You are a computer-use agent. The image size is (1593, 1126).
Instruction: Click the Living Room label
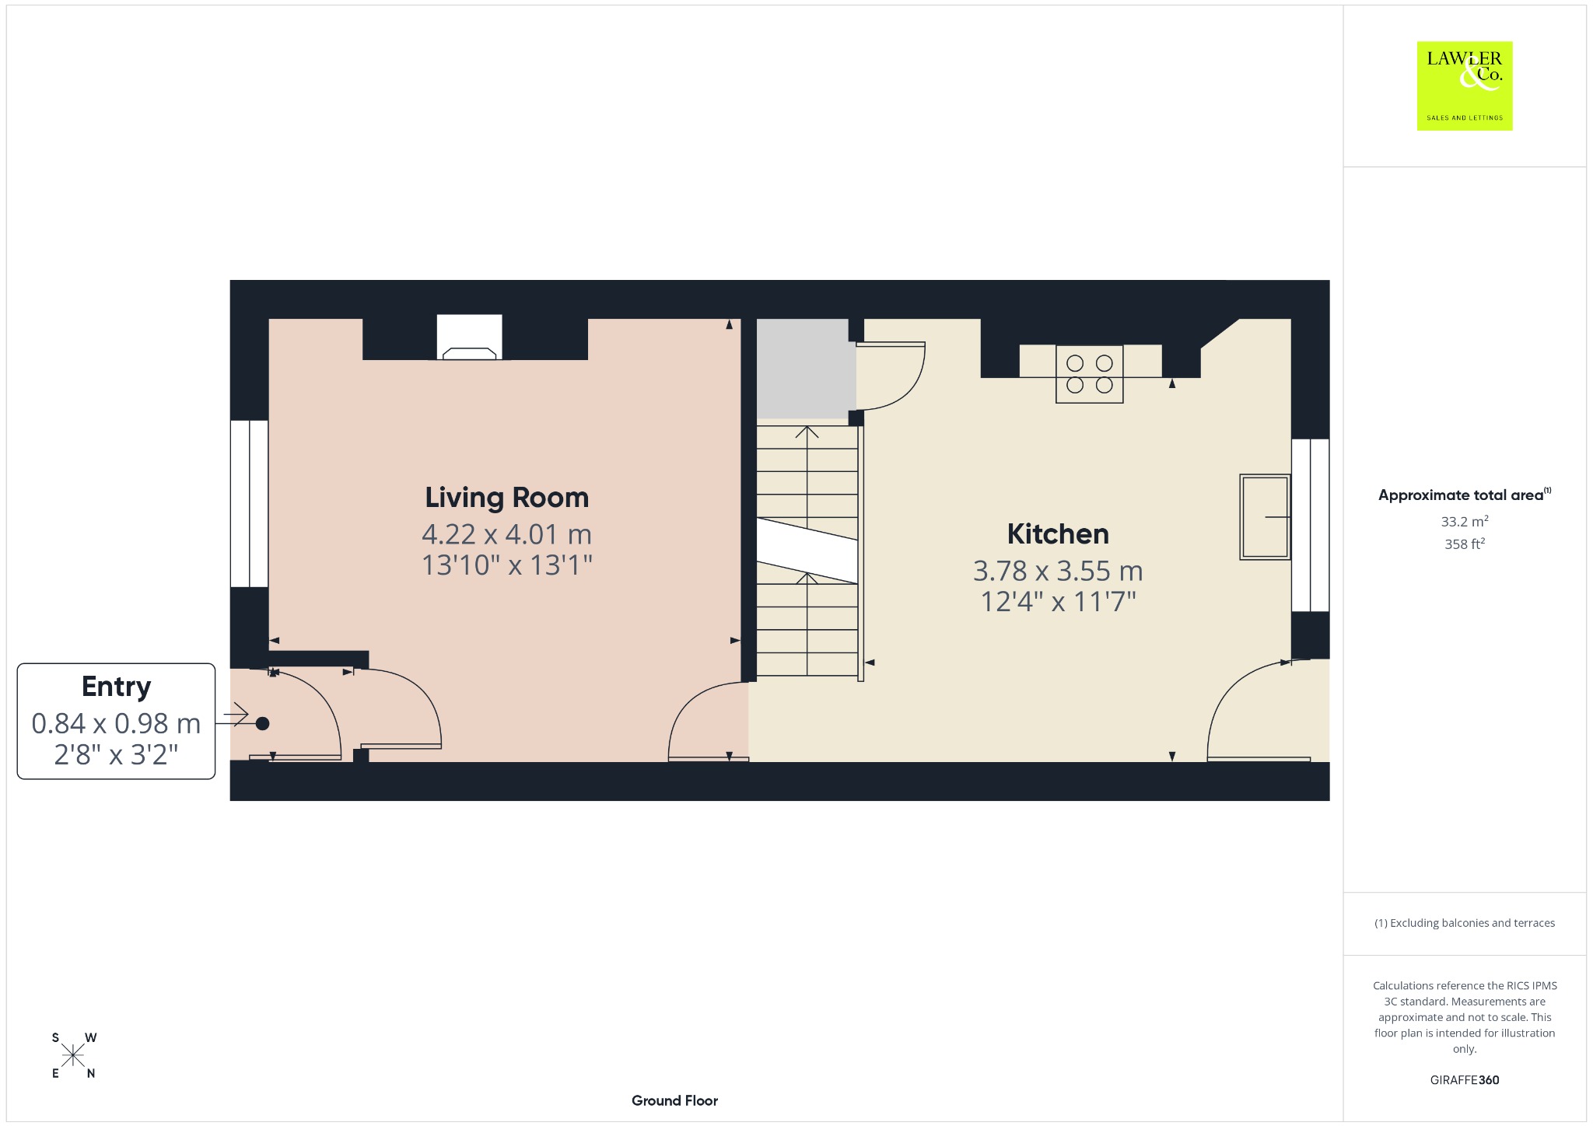coord(506,498)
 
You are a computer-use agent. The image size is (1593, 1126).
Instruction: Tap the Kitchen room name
coord(1058,534)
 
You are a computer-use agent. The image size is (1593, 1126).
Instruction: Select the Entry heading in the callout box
coord(116,687)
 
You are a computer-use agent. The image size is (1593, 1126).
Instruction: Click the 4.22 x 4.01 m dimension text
coord(506,534)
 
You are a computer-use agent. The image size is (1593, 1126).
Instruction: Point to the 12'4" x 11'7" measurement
coord(1058,601)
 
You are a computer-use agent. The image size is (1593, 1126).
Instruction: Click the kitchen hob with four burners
coord(1089,374)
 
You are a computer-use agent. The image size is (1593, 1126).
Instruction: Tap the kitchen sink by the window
coord(1265,517)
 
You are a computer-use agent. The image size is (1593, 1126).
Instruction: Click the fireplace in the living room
coord(469,337)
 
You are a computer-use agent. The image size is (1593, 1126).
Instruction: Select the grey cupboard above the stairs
coord(802,369)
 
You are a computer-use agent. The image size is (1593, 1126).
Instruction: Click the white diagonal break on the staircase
coord(807,550)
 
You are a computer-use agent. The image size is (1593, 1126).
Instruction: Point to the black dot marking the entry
coord(262,723)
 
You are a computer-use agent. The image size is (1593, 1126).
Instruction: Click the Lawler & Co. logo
coord(1465,86)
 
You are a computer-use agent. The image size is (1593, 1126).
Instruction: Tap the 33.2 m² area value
coord(1465,521)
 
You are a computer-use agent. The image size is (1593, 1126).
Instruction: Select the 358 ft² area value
coord(1465,544)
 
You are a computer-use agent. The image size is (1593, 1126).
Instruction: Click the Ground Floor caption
coord(674,1100)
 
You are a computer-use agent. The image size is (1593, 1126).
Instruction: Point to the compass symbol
coord(74,1055)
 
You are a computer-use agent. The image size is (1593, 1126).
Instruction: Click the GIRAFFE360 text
coord(1465,1079)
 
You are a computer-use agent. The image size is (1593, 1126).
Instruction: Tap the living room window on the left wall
coord(249,504)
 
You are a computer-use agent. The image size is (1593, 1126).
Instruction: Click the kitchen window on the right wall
coord(1311,525)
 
